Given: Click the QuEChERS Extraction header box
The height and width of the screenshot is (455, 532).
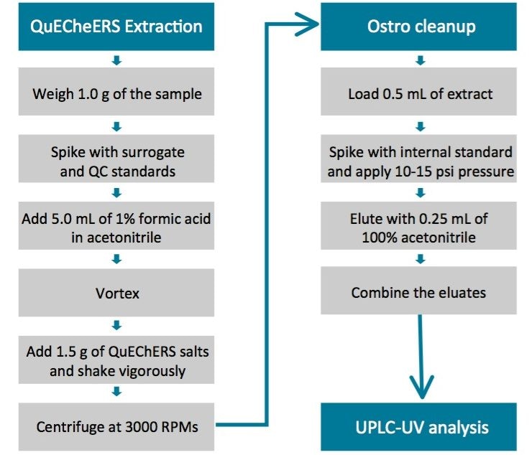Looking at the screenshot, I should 116,27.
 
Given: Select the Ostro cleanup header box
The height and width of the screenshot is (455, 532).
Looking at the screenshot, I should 421,27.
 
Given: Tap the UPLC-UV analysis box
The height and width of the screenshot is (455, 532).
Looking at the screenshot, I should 421,427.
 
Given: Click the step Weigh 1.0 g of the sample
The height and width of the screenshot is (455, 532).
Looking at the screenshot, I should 116,93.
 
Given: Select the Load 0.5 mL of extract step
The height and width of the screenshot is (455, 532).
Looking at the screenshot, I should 421,93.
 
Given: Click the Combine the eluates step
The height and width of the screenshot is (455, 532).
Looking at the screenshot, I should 421,293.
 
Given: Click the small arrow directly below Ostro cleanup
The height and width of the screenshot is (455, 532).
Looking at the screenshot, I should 421,60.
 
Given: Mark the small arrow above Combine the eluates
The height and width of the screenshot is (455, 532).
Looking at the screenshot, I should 421,260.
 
